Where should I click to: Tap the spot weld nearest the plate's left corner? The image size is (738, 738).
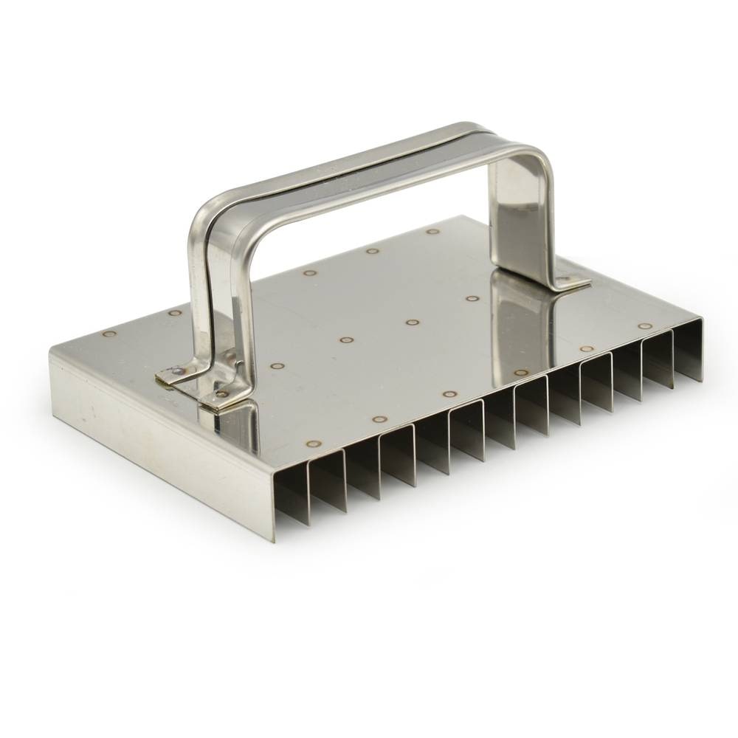(109, 334)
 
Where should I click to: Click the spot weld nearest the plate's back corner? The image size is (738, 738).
(432, 231)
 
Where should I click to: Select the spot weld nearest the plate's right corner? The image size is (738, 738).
(645, 325)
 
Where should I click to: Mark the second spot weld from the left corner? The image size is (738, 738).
(174, 313)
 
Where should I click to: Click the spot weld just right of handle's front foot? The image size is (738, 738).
(277, 365)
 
